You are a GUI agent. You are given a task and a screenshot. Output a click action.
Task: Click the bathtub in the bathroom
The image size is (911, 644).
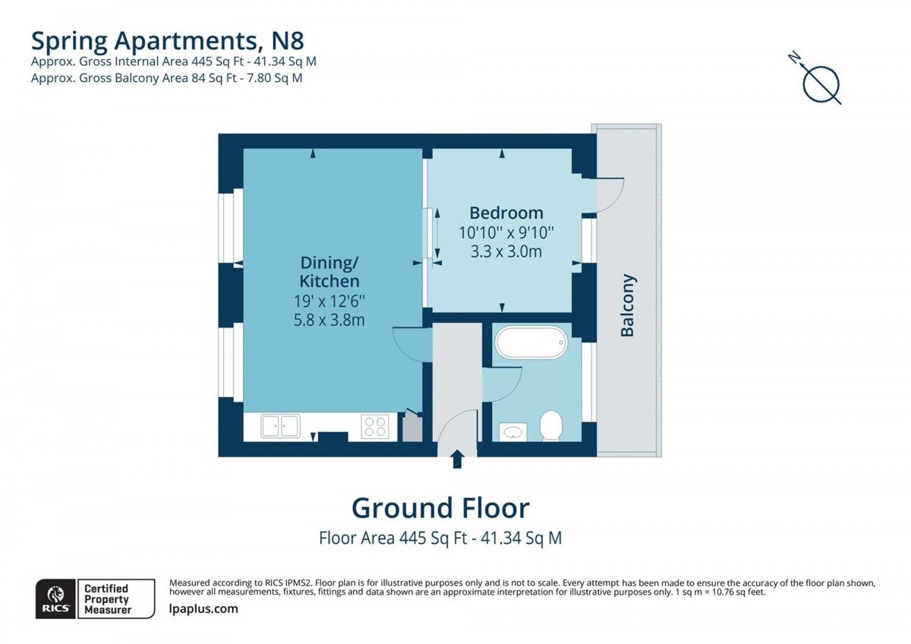pos(531,343)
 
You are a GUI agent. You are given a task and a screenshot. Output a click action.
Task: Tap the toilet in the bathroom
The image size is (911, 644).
pos(551,425)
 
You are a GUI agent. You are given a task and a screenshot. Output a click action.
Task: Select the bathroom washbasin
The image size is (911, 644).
pos(513,432)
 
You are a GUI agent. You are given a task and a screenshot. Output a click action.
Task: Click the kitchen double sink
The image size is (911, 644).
pos(280,426)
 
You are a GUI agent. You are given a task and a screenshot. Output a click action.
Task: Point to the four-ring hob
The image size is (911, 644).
pos(375,427)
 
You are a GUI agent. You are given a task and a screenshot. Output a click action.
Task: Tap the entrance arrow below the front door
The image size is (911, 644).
pos(458,459)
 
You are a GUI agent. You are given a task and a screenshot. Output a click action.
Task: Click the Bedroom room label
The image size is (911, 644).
pos(506,213)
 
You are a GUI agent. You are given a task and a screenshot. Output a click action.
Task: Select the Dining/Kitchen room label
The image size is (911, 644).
pos(329,272)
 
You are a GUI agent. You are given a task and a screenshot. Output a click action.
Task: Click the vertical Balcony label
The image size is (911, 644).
pos(627,305)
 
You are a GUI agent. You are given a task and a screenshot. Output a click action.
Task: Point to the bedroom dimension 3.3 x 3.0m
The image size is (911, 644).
pos(506,251)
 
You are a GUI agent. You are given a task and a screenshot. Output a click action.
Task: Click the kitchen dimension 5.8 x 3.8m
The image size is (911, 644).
pos(329,320)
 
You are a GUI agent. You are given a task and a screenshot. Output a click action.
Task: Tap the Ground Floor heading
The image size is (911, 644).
pos(440,508)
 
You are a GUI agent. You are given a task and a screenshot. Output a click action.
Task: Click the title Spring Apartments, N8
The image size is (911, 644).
pos(168,41)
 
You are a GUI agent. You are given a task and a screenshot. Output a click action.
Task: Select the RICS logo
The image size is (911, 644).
pos(55,599)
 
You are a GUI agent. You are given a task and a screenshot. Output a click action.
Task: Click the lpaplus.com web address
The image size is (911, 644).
pos(203,609)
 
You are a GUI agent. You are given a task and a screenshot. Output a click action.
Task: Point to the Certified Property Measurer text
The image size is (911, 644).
pos(107,599)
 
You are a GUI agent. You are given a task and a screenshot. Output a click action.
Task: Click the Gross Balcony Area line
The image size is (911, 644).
pos(167,77)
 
